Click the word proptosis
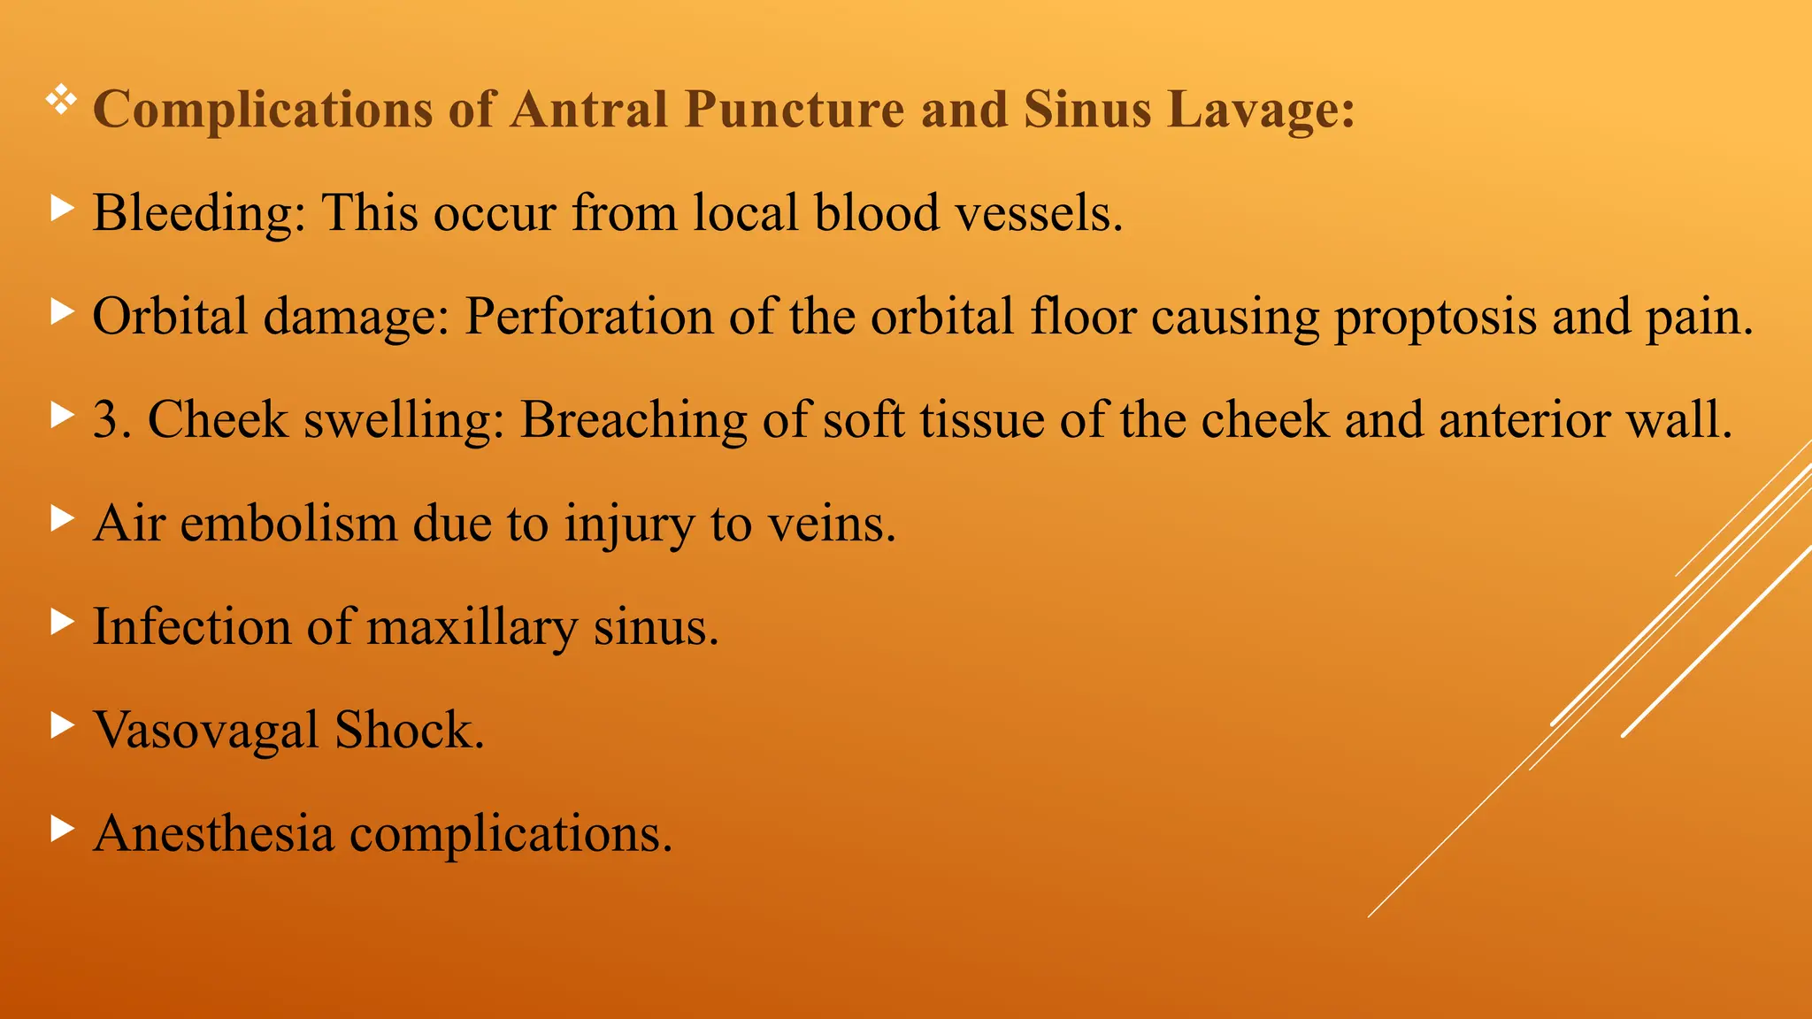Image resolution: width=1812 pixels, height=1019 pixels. coord(1435,317)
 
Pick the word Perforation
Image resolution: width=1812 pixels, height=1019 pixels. coord(589,317)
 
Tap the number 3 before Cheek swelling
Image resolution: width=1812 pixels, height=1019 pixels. coord(106,419)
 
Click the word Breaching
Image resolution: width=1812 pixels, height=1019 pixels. coord(633,419)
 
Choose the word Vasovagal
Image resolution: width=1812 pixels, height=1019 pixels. coord(206,731)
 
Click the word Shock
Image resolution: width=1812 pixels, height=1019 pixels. coord(410,731)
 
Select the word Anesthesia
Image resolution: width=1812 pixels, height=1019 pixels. coord(213,833)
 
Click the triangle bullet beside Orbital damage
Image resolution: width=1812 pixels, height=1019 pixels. coord(62,311)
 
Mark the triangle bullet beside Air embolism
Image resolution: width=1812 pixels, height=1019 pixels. coord(62,518)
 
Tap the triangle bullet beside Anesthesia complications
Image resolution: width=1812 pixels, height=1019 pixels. coord(62,829)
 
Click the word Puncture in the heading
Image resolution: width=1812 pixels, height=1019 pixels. coord(794,110)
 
